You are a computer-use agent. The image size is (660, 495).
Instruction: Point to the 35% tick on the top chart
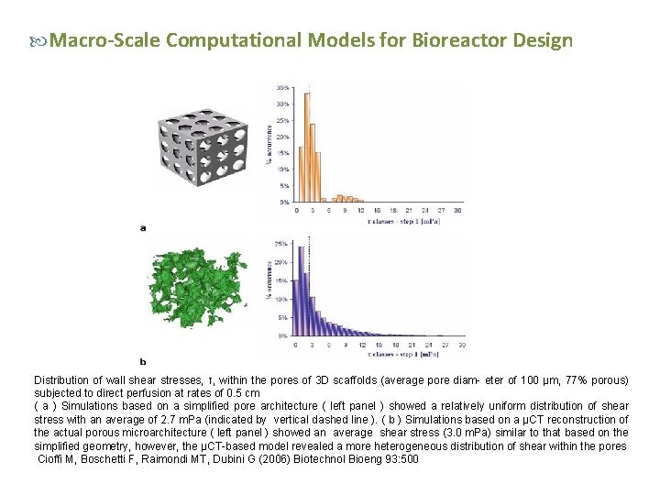pos(285,88)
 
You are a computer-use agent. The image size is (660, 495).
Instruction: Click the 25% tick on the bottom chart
pos(283,244)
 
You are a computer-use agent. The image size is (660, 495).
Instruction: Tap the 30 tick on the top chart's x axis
pos(458,210)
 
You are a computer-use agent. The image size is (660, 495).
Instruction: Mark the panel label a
pos(142,227)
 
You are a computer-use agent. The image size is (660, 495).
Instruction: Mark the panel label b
pos(142,361)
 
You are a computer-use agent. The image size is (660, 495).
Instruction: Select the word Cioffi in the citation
pos(53,458)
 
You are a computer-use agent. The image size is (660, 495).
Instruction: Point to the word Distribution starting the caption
pos(61,379)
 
